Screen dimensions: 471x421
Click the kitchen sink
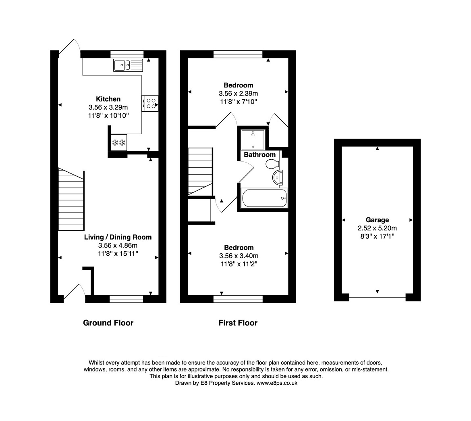(x=128, y=65)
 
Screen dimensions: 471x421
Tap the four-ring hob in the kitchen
(x=150, y=103)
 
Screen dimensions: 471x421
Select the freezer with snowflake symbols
(x=118, y=142)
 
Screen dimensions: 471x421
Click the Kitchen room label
(x=108, y=99)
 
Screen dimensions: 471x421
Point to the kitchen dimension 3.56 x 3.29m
(x=108, y=107)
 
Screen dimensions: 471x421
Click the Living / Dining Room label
(x=118, y=237)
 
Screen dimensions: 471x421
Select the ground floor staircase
(x=71, y=199)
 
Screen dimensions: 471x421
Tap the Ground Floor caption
(x=108, y=323)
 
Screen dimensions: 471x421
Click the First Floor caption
(x=238, y=323)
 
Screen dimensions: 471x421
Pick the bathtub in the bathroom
(x=264, y=198)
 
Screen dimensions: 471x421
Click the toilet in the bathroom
(x=272, y=164)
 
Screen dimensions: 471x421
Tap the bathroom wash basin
(x=278, y=177)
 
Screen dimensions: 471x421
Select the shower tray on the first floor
(x=253, y=139)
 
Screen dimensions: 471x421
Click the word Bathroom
(x=259, y=154)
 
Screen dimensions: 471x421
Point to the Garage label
(x=377, y=220)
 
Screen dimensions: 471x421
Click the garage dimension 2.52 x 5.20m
(x=377, y=228)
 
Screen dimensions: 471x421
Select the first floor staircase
(x=200, y=171)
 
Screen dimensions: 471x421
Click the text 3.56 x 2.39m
(x=238, y=94)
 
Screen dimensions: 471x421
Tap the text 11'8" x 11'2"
(x=239, y=264)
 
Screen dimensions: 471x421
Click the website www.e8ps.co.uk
(x=277, y=383)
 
